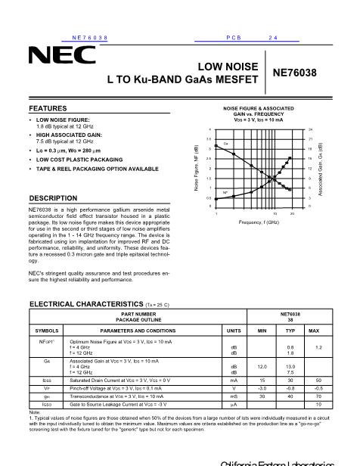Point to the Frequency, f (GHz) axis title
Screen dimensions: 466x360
pos(259,222)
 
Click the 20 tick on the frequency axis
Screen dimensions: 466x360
pos(292,213)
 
